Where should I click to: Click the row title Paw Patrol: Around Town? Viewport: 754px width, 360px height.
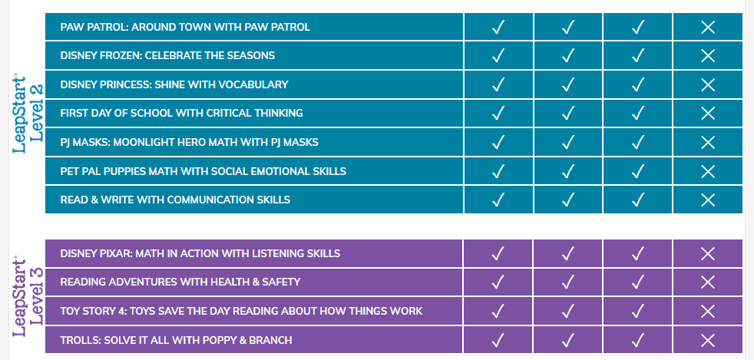184,27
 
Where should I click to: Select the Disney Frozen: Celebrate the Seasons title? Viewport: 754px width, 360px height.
167,55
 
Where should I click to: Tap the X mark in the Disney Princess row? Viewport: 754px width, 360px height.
708,84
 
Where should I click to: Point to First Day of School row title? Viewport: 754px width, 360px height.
181,113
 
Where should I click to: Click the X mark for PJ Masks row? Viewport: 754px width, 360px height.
708,142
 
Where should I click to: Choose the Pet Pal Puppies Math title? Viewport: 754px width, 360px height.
203,170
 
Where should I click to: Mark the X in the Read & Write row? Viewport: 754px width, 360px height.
708,200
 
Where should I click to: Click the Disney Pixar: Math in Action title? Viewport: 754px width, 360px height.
200,253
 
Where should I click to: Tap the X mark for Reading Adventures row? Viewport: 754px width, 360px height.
708,282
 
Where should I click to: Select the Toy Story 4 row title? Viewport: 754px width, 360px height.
241,311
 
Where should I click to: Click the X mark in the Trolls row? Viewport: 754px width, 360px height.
708,340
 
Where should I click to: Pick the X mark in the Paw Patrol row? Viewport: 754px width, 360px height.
708,27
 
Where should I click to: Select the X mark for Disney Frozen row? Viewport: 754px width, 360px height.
708,55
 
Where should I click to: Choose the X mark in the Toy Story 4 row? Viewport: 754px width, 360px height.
708,311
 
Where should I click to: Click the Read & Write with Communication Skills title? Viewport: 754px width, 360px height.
175,200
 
